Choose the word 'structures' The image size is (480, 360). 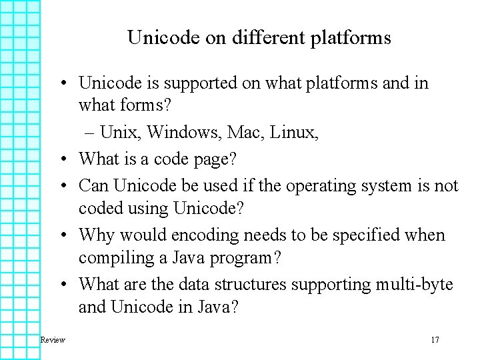point(246,285)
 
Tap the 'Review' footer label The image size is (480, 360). point(53,340)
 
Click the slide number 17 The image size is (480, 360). point(435,340)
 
